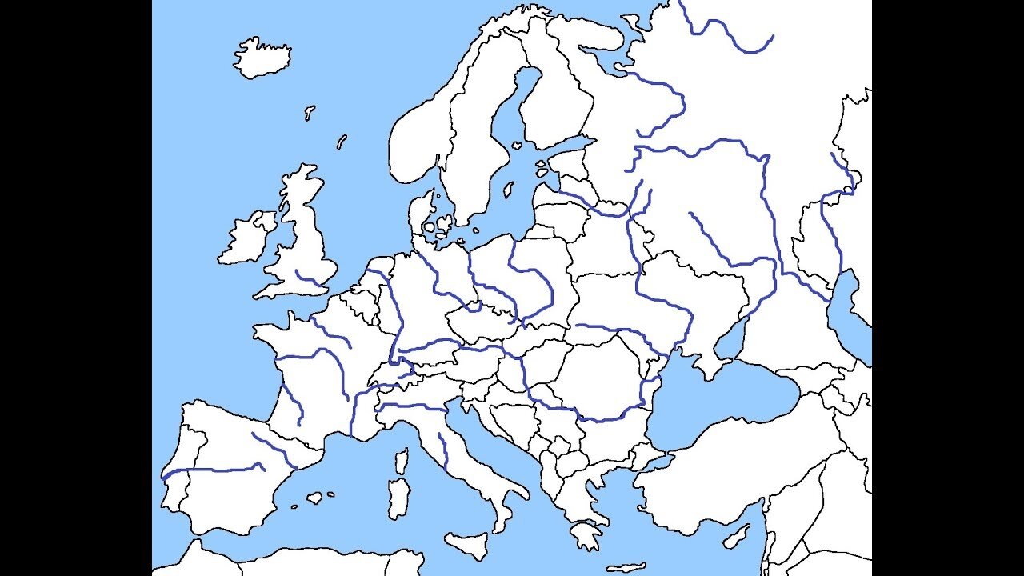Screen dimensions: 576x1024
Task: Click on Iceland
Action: tap(262, 58)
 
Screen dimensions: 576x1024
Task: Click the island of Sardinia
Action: tap(399, 498)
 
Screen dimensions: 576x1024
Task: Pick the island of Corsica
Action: tap(401, 461)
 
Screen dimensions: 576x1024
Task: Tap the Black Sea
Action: tap(720, 400)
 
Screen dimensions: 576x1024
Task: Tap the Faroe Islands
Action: tap(310, 113)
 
